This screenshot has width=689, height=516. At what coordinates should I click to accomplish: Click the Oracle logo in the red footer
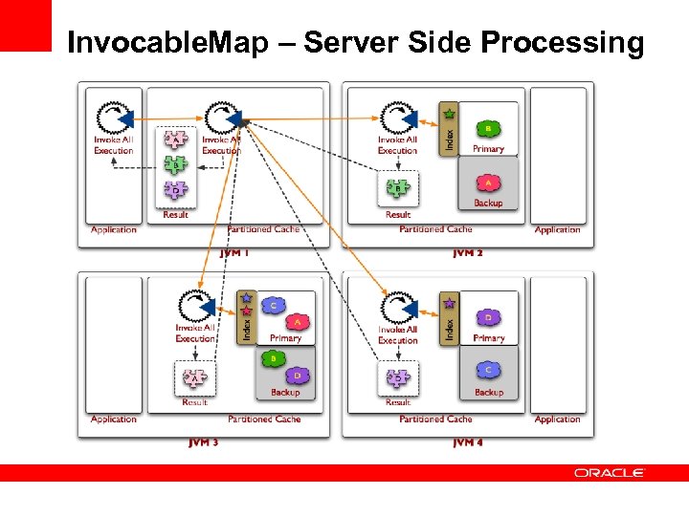click(x=610, y=473)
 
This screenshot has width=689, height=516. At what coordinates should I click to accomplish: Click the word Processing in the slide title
click(x=563, y=43)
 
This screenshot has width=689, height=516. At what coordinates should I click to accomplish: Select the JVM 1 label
click(x=234, y=253)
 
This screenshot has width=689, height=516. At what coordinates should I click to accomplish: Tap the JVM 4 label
click(x=467, y=442)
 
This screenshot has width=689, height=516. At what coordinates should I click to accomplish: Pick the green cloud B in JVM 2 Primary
click(x=488, y=129)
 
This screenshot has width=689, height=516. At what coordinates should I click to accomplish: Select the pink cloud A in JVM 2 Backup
click(x=488, y=183)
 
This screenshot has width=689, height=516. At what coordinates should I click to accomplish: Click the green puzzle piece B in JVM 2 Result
click(x=398, y=189)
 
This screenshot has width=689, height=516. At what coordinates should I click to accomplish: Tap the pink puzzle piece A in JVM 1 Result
click(x=175, y=140)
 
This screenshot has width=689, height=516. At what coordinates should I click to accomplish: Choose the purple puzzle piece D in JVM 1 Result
click(x=175, y=190)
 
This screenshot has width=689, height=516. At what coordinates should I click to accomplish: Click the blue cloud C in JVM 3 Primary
click(x=273, y=306)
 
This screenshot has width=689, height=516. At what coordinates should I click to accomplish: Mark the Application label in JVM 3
click(x=114, y=419)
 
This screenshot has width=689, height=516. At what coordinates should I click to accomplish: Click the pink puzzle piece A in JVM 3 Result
click(x=194, y=379)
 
